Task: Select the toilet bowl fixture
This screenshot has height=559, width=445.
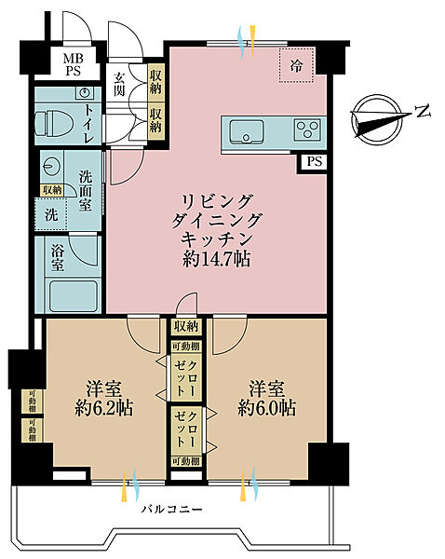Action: (x=58, y=123)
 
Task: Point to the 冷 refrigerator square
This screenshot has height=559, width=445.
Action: (x=297, y=65)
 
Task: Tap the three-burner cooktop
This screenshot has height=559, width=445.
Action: (x=307, y=130)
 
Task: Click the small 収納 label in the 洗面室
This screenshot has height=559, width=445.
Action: (x=52, y=190)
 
